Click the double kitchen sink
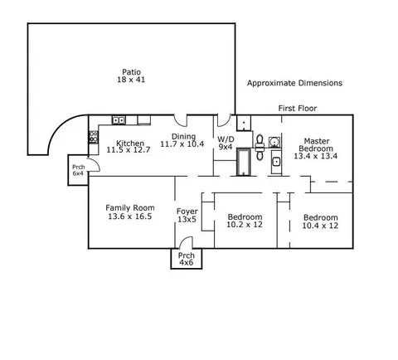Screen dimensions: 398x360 pyautogui.click(x=119, y=120)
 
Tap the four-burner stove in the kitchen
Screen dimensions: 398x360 pyautogui.click(x=94, y=137)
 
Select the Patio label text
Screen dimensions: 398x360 pyautogui.click(x=131, y=72)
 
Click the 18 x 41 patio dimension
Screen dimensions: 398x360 pyautogui.click(x=131, y=80)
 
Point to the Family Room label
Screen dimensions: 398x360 pyautogui.click(x=130, y=207)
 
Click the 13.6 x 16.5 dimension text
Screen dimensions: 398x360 pyautogui.click(x=130, y=216)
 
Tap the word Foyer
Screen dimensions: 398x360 pyautogui.click(x=187, y=212)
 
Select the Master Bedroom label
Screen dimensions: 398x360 pyautogui.click(x=316, y=145)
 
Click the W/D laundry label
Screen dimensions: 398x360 pyautogui.click(x=226, y=139)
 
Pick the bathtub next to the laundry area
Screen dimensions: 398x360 pyautogui.click(x=244, y=162)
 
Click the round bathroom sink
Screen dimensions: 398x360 pyautogui.click(x=274, y=142)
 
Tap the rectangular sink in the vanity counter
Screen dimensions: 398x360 pyautogui.click(x=276, y=162)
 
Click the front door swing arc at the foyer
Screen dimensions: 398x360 pyautogui.click(x=183, y=239)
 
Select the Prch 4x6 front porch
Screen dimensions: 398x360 pyautogui.click(x=187, y=259)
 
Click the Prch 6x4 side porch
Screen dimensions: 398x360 pyautogui.click(x=78, y=170)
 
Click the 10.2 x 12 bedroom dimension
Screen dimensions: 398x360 pyautogui.click(x=245, y=225)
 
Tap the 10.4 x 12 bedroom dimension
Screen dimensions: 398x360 pyautogui.click(x=320, y=226)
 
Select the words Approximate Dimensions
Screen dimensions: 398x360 pyautogui.click(x=294, y=83)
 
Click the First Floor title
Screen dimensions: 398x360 pyautogui.click(x=298, y=108)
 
